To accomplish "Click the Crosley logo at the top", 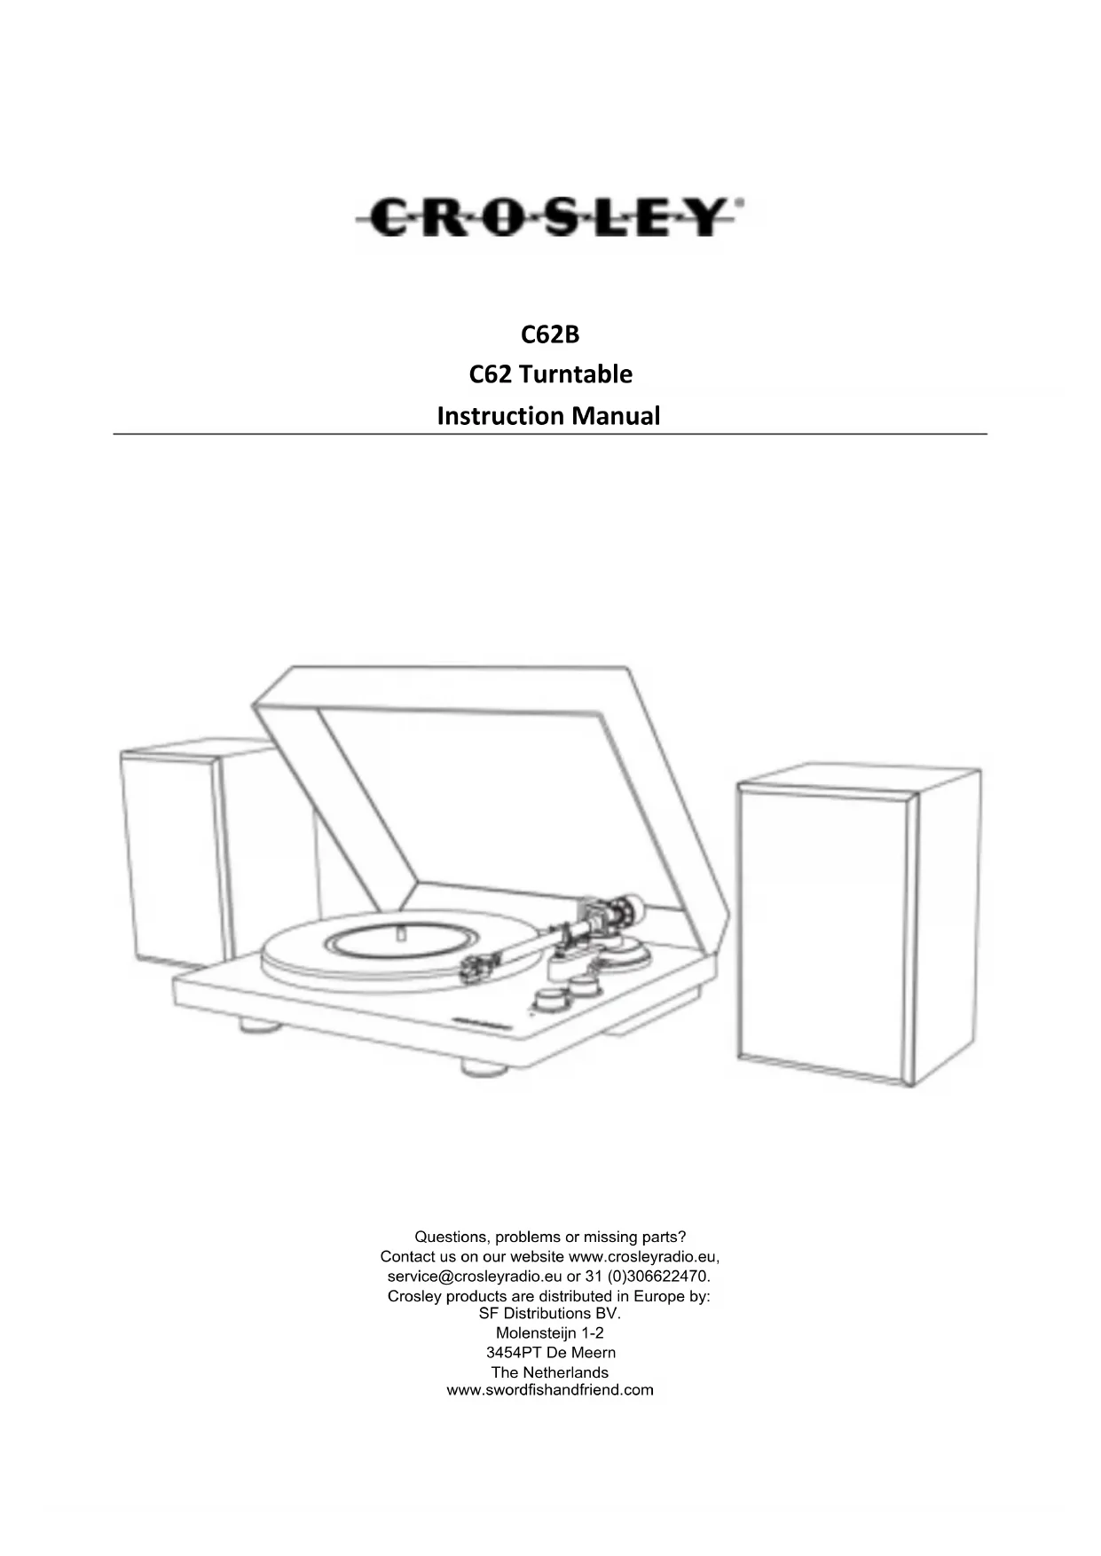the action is tap(548, 217).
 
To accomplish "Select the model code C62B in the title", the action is tap(549, 334).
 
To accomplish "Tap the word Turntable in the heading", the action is tap(575, 374).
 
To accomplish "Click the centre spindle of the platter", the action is tap(400, 934).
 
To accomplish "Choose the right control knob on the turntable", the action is tap(584, 985).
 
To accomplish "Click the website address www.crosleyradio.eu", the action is tap(642, 1256).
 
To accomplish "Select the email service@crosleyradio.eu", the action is tap(475, 1277).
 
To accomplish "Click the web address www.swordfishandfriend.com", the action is tap(549, 1390).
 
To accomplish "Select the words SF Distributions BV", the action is tap(549, 1313).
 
